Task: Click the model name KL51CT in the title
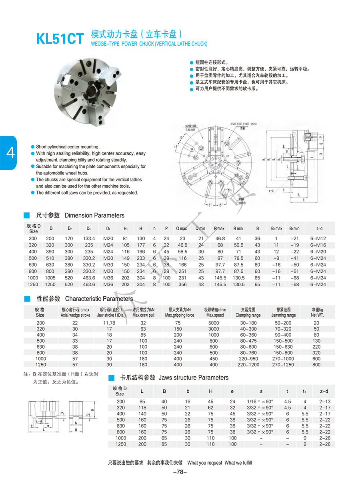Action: [60, 38]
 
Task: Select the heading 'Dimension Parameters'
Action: [94, 215]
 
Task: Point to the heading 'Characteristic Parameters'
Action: [99, 299]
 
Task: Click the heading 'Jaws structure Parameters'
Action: [194, 378]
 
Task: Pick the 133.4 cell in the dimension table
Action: [88, 239]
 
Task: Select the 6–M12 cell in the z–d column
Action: [319, 239]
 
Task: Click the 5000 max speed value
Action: [214, 323]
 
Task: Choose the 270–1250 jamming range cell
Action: [283, 365]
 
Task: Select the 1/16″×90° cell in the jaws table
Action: [260, 402]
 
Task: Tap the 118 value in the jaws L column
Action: [142, 408]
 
